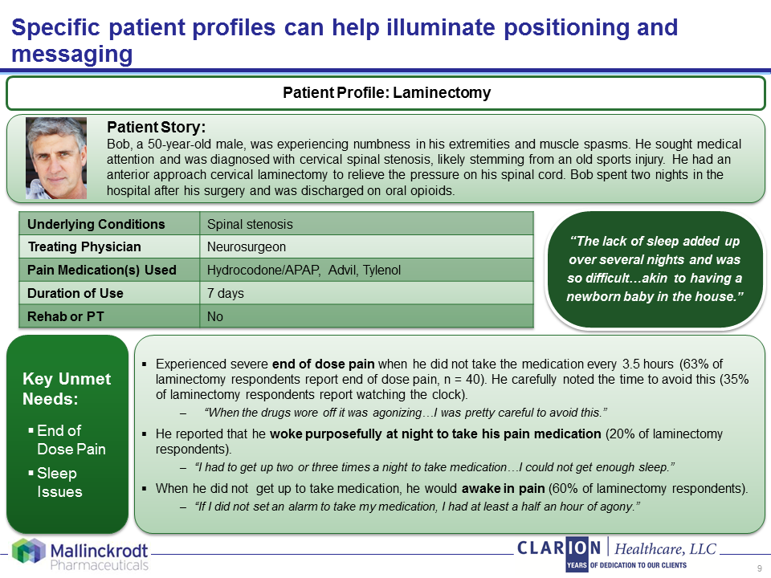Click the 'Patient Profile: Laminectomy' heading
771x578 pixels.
coord(386,93)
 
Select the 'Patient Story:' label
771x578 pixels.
coord(157,128)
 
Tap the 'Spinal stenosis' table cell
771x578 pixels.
coord(250,224)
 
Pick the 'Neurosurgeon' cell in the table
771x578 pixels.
coord(247,247)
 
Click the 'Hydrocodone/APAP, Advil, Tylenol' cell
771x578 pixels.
coord(304,271)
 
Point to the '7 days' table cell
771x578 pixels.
coord(226,294)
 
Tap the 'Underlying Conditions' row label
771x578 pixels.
coord(96,224)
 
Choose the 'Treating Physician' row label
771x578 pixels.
coord(84,247)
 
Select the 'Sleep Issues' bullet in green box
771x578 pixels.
coord(60,482)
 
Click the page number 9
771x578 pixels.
coord(759,568)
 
